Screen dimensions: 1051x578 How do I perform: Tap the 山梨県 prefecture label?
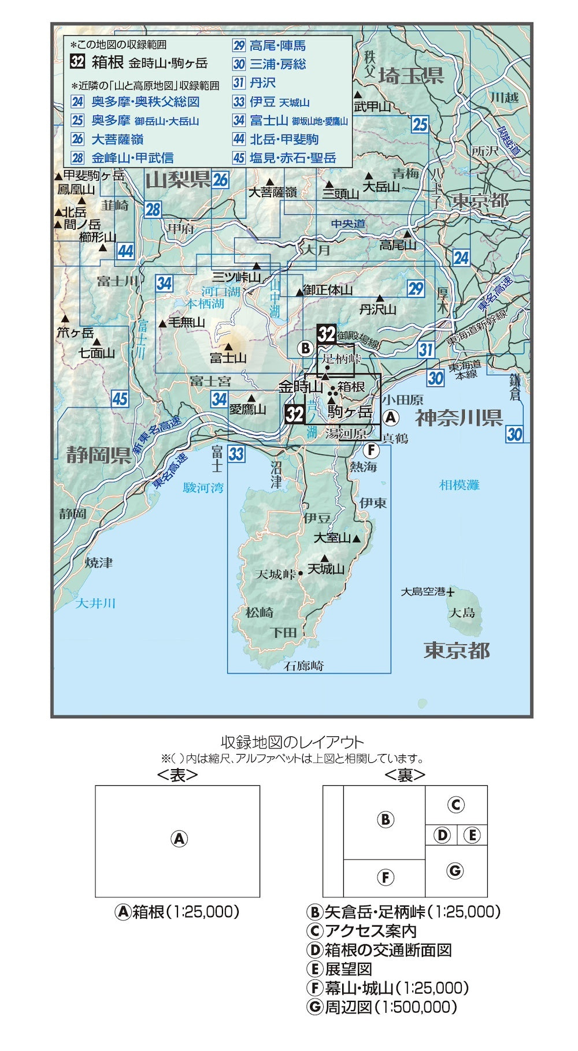pyautogui.click(x=177, y=180)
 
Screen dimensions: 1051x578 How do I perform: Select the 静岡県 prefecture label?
pyautogui.click(x=98, y=455)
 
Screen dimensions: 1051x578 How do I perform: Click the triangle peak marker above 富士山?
pyautogui.click(x=228, y=346)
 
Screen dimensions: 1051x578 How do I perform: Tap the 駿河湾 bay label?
pyautogui.click(x=203, y=488)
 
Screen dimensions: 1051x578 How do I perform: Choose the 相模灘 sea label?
pyautogui.click(x=459, y=484)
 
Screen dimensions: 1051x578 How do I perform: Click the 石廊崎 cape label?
pyautogui.click(x=304, y=666)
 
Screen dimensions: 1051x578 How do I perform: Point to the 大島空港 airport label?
pyautogui.click(x=424, y=591)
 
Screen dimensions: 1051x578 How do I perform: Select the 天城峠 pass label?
pyautogui.click(x=276, y=574)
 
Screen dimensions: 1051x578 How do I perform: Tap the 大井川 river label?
pyautogui.click(x=95, y=603)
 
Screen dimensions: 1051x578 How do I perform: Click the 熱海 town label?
pyautogui.click(x=363, y=466)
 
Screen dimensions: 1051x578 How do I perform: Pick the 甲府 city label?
pyautogui.click(x=181, y=228)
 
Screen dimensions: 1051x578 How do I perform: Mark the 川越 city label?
pyautogui.click(x=504, y=97)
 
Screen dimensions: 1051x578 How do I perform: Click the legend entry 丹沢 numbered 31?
pyautogui.click(x=262, y=83)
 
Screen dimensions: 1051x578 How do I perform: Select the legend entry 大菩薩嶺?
pyautogui.click(x=117, y=139)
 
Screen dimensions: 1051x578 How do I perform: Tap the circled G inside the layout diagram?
pyautogui.click(x=455, y=870)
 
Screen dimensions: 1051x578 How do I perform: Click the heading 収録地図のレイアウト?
pyautogui.click(x=292, y=742)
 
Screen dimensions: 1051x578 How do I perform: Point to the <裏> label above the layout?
pyautogui.click(x=405, y=775)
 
